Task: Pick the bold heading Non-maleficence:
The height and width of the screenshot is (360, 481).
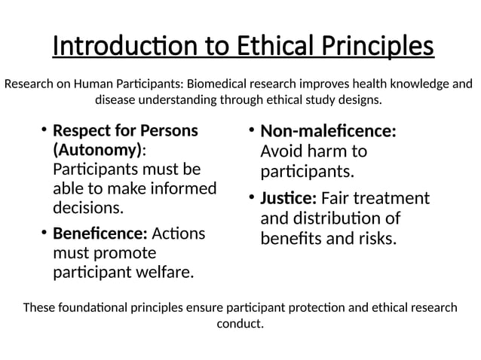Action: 328,132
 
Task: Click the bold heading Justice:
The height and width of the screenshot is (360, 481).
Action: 288,199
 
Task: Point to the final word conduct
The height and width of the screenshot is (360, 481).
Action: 240,325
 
